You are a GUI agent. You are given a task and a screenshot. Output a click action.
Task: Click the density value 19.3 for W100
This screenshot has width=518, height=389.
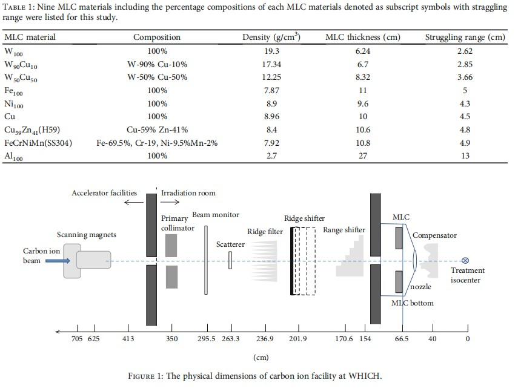tap(273, 51)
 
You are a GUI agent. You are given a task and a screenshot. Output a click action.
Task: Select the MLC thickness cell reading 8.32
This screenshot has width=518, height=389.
tap(363, 77)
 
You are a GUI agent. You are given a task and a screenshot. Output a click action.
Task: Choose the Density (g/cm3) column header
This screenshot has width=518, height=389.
tap(272, 38)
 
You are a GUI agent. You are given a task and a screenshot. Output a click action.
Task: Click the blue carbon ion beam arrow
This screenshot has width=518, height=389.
tap(58, 261)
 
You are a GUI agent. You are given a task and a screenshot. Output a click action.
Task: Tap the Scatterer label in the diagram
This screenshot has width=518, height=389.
tap(230, 244)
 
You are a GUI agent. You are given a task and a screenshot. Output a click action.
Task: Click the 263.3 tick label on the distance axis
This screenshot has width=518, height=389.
tap(231, 339)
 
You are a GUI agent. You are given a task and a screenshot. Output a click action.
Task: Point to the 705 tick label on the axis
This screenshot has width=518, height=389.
tap(76, 339)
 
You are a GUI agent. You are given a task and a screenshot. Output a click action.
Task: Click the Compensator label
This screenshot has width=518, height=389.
tap(434, 235)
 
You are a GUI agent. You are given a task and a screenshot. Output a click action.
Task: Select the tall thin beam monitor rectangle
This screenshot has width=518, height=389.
tap(206, 260)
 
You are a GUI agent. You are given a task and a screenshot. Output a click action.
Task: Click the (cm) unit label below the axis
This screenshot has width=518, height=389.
tap(261, 358)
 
